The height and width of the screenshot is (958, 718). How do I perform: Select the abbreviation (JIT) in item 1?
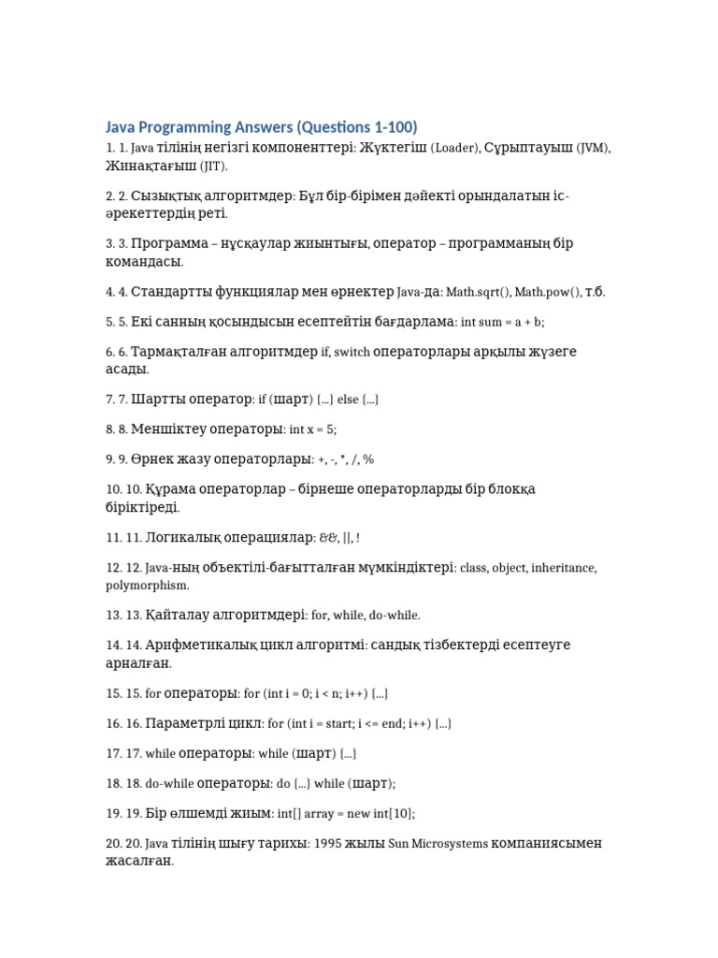click(x=210, y=166)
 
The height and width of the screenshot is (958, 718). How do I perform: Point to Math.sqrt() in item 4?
click(x=478, y=292)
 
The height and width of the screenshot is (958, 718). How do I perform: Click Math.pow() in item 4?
click(x=546, y=292)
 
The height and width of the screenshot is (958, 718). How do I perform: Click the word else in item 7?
click(x=348, y=399)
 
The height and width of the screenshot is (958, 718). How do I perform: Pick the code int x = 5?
click(x=312, y=429)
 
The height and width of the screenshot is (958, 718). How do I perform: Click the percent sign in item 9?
click(x=368, y=459)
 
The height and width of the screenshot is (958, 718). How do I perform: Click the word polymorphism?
click(x=147, y=586)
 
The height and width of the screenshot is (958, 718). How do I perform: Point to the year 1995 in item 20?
click(x=329, y=843)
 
